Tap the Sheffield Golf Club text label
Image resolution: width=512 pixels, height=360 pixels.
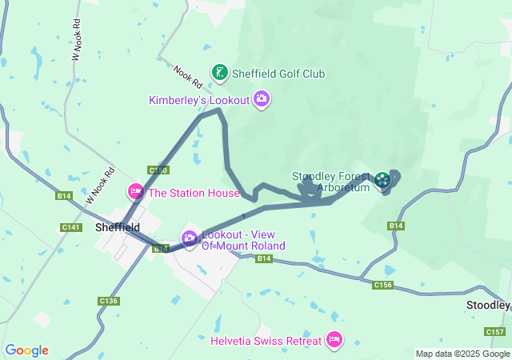point(278,74)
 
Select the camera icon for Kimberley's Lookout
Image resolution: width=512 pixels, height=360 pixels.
point(262,99)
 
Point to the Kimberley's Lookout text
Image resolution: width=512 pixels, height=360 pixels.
point(199,100)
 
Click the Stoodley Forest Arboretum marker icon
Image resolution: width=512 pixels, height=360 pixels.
point(382,181)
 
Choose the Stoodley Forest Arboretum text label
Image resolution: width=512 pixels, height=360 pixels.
point(331,182)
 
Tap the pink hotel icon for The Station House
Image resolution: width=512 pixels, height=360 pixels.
point(135,192)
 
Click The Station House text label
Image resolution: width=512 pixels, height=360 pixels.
point(194,193)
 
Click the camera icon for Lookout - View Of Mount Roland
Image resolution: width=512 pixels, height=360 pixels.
point(190,238)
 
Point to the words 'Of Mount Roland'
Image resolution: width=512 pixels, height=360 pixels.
point(243,246)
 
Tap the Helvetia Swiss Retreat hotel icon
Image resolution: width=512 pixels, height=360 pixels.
point(334,340)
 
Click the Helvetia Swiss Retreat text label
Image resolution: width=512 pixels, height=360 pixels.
point(266,341)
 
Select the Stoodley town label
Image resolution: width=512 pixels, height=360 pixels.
point(489,306)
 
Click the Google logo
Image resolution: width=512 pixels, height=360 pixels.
point(26,350)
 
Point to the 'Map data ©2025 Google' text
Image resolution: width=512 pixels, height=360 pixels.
point(462,354)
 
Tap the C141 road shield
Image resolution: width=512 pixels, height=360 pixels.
point(71,228)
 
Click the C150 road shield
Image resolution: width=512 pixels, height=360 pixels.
point(158,170)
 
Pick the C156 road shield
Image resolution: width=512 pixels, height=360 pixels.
point(382,285)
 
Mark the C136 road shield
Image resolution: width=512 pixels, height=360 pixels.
point(109,301)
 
